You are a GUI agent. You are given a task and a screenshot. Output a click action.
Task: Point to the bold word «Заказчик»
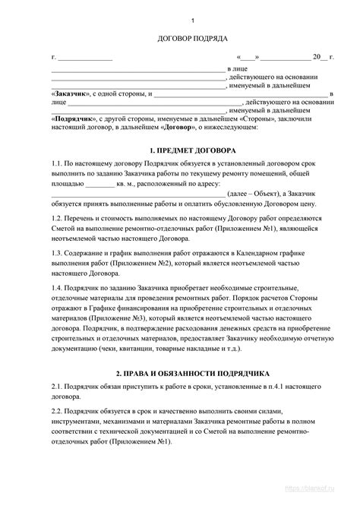coord(71,94)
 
